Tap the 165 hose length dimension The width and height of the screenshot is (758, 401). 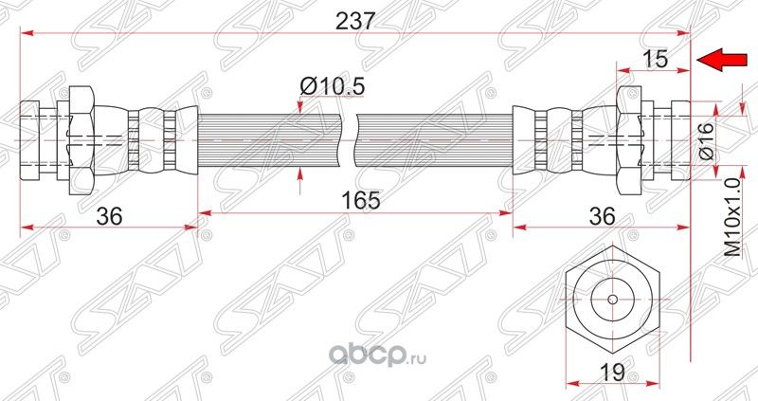(x=356, y=201)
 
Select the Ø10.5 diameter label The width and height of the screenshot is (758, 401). (x=332, y=86)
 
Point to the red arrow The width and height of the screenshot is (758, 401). (x=720, y=62)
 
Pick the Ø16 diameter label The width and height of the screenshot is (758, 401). (x=706, y=138)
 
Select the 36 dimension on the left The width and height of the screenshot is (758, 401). (x=110, y=215)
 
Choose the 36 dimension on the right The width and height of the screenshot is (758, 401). (x=601, y=215)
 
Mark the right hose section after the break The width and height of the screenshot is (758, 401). (x=436, y=138)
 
